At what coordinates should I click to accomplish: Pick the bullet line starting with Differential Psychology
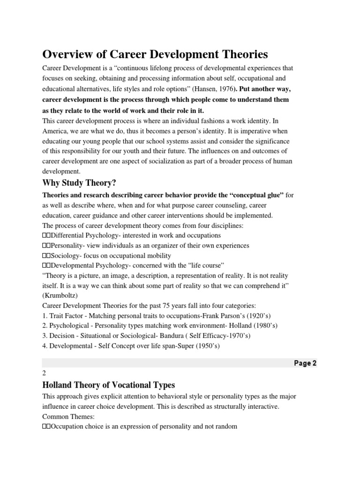pyautogui.click(x=132, y=235)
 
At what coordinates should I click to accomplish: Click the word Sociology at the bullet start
pyautogui.click(x=66, y=256)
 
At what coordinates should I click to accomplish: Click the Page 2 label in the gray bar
pyautogui.click(x=305, y=363)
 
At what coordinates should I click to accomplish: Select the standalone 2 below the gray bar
pyautogui.click(x=44, y=374)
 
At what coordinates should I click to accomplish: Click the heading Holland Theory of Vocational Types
pyautogui.click(x=109, y=385)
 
